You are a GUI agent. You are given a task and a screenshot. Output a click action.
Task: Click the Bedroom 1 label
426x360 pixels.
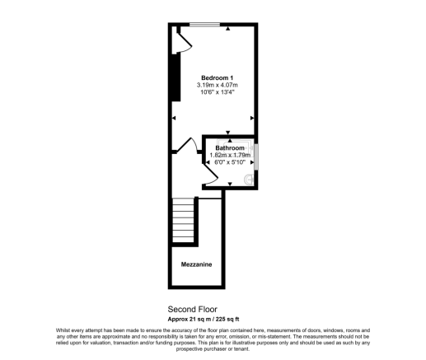pos(218,77)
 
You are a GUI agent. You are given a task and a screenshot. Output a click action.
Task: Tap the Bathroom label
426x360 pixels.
pos(229,148)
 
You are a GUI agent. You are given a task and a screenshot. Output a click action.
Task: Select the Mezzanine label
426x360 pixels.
pos(197,264)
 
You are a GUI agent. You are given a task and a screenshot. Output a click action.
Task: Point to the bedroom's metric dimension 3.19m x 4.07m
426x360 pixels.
pos(218,85)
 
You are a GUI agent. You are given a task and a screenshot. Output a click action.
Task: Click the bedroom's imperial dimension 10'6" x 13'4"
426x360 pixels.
pos(218,92)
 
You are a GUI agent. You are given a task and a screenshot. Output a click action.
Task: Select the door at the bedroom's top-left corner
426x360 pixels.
pos(182,40)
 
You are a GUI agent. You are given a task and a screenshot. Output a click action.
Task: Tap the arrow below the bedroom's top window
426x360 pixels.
pos(227,30)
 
